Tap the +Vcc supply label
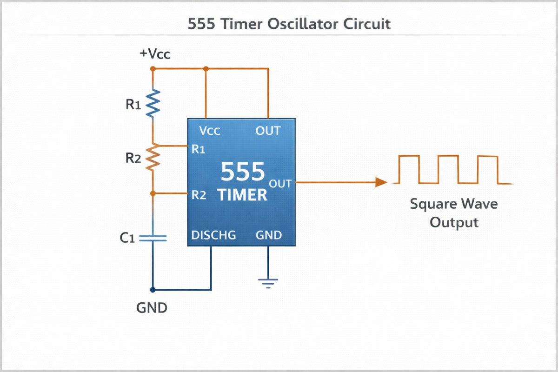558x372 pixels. (155, 54)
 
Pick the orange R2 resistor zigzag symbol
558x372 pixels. (153, 158)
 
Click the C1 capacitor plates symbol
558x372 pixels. (153, 238)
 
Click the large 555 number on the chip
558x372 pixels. (242, 172)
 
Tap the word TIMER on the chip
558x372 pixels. (243, 195)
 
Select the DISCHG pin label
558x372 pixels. (213, 235)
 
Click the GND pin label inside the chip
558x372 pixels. (269, 235)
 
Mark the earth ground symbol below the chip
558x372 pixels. (268, 283)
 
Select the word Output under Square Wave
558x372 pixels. (454, 222)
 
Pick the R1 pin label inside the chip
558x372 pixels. (199, 149)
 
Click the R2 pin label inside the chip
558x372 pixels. (199, 195)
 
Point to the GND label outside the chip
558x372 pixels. (152, 308)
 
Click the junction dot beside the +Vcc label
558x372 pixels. (153, 69)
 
